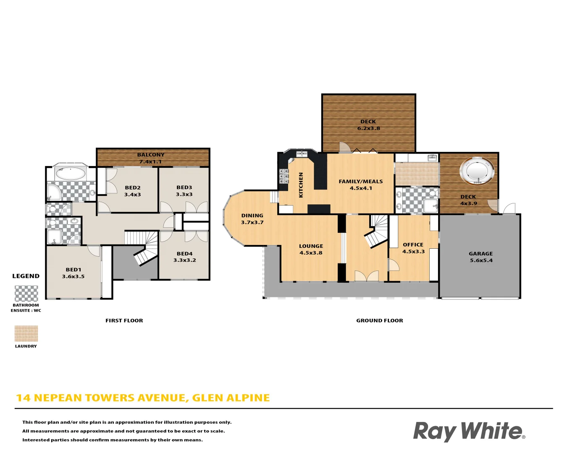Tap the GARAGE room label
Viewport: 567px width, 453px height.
481,254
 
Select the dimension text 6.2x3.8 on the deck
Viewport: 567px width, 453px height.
368,128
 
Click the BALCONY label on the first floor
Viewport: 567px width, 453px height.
151,155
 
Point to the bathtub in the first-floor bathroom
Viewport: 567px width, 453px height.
71,173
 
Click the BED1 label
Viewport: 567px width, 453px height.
73,270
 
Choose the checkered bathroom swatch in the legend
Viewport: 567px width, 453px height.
26,293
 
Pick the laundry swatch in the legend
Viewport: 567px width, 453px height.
26,334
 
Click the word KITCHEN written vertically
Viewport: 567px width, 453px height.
301,185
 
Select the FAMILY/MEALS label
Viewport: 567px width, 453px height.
361,182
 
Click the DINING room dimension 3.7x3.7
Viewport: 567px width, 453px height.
252,222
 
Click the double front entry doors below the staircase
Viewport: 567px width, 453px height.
366,276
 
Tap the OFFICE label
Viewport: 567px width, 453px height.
413,245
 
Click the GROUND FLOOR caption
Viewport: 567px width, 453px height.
379,320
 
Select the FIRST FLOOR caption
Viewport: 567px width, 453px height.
124,320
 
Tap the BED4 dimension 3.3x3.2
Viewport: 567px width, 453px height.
184,260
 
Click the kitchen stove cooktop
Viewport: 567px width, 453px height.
284,176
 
